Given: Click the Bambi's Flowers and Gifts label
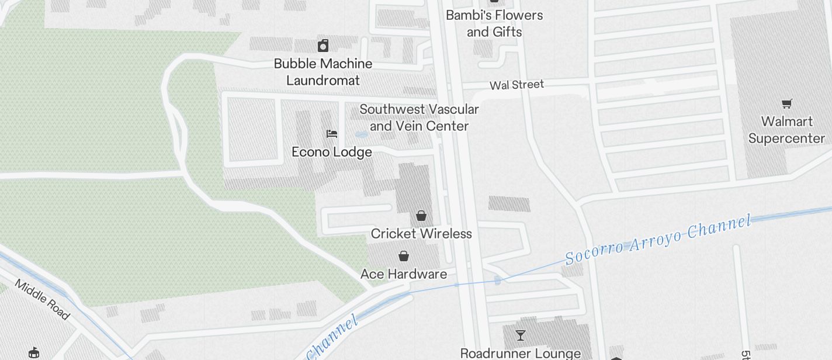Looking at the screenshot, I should click(x=494, y=23).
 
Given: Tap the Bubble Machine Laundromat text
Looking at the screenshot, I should click(x=323, y=72).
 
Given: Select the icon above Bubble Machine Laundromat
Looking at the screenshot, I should click(x=323, y=46).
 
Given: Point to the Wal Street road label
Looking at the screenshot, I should click(x=516, y=85).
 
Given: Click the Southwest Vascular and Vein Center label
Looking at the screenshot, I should click(x=419, y=117).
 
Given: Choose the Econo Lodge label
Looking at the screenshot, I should click(x=332, y=152).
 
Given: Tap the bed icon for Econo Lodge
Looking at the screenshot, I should click(x=332, y=134).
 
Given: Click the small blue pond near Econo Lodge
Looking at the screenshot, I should click(x=361, y=135).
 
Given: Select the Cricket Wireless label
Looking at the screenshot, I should click(x=421, y=234).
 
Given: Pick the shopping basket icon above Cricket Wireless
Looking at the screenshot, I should click(x=421, y=216).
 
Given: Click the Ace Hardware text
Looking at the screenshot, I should click(x=404, y=274).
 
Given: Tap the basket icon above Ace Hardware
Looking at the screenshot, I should click(x=404, y=256).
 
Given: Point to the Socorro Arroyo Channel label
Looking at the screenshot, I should click(x=657, y=240).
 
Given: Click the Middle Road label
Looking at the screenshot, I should click(x=42, y=300).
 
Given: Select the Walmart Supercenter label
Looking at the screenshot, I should click(x=786, y=130).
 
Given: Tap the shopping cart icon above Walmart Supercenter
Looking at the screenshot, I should click(x=787, y=104).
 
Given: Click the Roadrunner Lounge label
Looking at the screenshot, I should click(x=520, y=353).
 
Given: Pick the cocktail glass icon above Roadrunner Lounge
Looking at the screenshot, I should click(x=520, y=335).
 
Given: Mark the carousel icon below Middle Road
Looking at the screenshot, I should click(x=34, y=352).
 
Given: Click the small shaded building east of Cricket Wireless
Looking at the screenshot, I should click(x=509, y=203).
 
